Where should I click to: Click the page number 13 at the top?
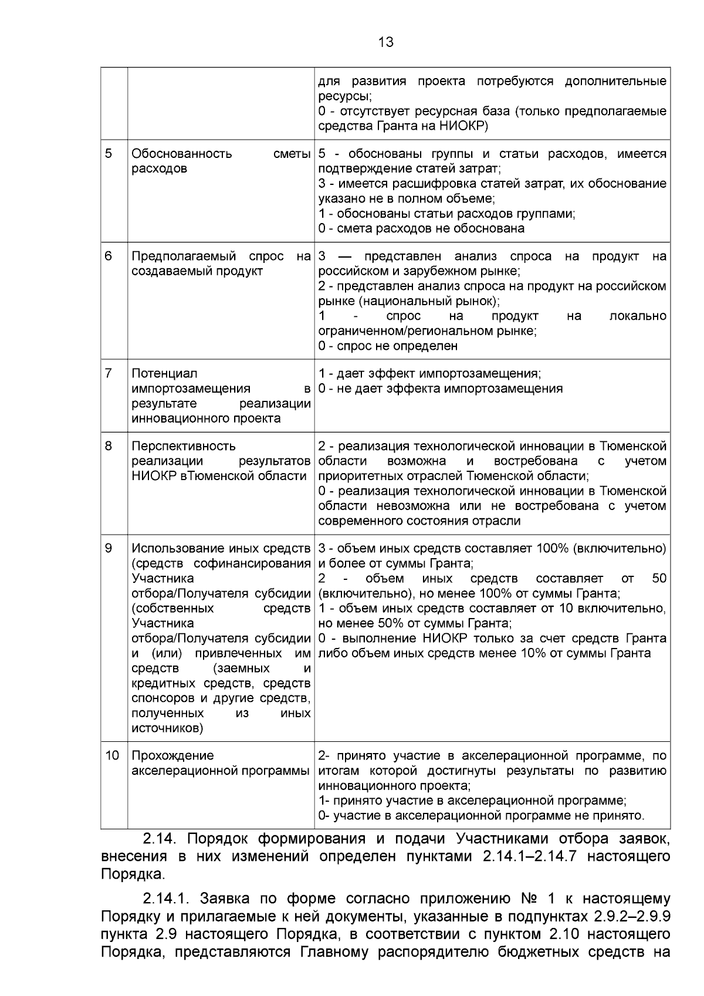tap(387, 42)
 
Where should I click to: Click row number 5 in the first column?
tap(109, 154)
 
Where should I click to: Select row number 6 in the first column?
tap(109, 256)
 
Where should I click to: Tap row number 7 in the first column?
tap(109, 373)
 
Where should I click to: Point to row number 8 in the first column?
tap(109, 446)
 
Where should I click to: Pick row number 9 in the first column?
tap(109, 548)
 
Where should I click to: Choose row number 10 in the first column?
tap(111, 755)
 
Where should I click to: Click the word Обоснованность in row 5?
tap(182, 154)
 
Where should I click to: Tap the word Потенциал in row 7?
tap(164, 373)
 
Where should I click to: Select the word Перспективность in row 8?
tap(184, 446)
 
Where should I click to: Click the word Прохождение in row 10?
tap(172, 755)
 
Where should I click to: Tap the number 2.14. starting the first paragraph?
tap(160, 839)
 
